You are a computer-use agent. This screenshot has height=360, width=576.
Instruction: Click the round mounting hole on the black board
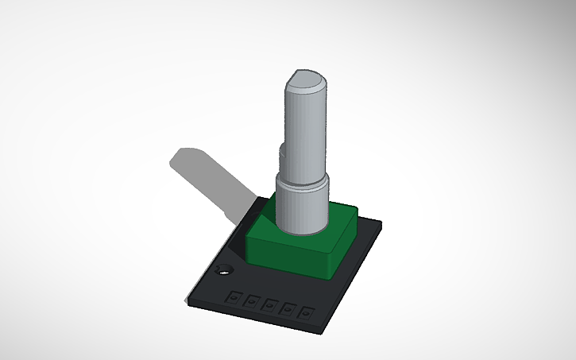[222, 270]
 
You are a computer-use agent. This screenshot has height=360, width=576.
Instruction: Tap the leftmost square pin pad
[234, 297]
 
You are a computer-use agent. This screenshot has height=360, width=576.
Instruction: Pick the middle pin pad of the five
[269, 304]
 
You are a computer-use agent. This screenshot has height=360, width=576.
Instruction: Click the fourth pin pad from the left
[286, 308]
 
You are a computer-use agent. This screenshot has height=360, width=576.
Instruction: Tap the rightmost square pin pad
[303, 312]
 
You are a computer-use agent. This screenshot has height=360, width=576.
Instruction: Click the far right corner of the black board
[382, 223]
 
